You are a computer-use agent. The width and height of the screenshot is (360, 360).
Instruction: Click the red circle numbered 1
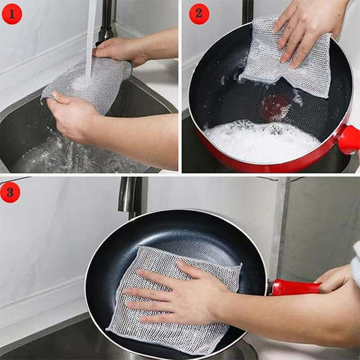(x=12, y=12)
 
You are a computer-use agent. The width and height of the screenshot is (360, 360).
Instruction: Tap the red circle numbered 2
(x=199, y=12)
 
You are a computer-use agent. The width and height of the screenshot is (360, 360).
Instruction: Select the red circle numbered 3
(x=10, y=192)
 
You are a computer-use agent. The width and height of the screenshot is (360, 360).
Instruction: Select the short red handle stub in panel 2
(x=348, y=138)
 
